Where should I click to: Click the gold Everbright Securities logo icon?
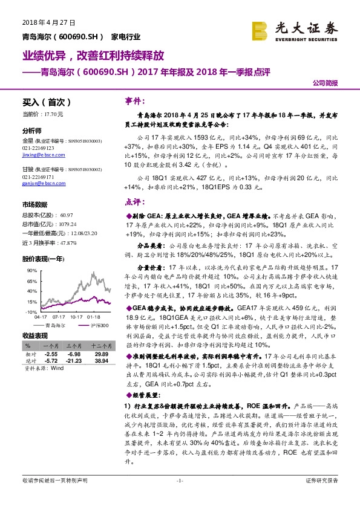tap(260, 30)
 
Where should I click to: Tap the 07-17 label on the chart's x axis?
tap(59, 316)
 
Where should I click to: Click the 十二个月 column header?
tap(100, 346)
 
